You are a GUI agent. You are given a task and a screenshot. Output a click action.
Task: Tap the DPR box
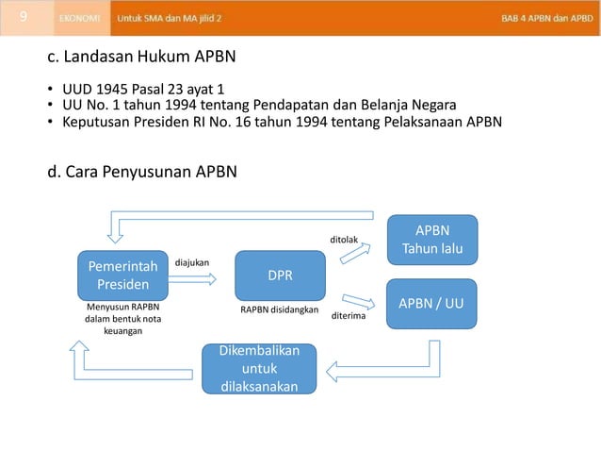pos(280,276)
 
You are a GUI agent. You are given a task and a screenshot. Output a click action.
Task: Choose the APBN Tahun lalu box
pos(432,240)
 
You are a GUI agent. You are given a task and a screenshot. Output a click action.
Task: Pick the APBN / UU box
pos(432,303)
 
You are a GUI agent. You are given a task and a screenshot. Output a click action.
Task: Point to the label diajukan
pos(192,261)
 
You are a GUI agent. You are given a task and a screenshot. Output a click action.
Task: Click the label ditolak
pos(343,240)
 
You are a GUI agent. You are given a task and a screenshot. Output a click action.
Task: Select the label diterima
pos(349,317)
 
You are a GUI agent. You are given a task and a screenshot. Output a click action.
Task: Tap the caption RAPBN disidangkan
pos(280,309)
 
